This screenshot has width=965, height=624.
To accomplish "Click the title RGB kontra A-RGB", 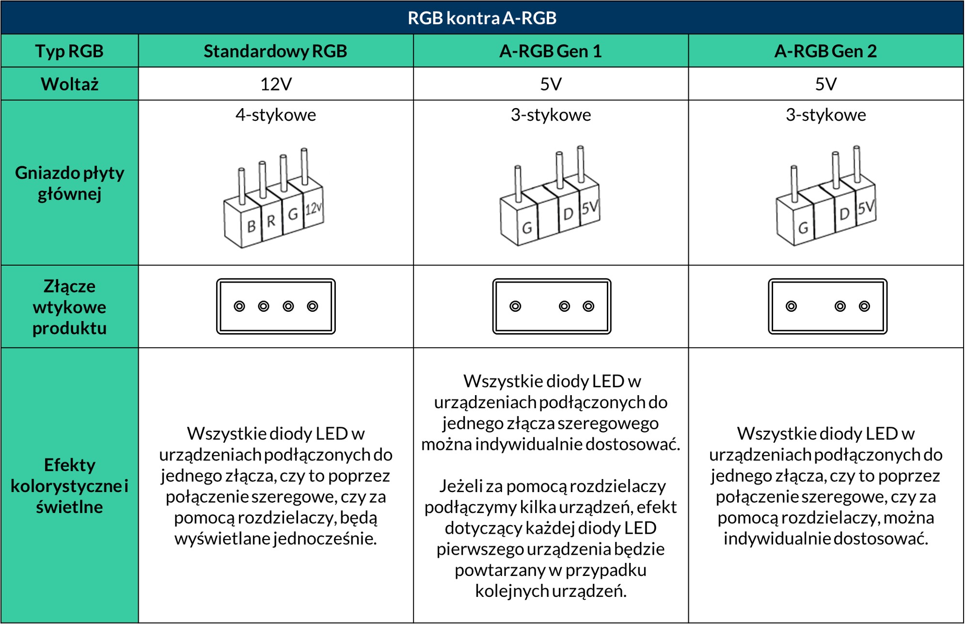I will [x=482, y=18].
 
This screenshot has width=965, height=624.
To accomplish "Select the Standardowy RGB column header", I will [x=275, y=51].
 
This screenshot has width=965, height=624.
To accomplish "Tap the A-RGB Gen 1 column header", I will [x=551, y=51].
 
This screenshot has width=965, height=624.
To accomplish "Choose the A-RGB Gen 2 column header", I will [x=825, y=51].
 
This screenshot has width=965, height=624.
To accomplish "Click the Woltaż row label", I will [x=69, y=84].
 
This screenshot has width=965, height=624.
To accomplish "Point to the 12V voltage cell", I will [x=275, y=84].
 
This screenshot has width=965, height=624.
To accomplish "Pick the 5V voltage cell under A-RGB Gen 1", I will [x=551, y=84].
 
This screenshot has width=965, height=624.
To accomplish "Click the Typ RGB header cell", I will [x=69, y=51].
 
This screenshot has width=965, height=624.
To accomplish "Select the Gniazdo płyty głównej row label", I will [x=69, y=183].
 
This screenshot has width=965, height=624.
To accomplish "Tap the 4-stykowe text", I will [x=275, y=115].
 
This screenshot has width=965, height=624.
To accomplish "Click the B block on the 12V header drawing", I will [x=251, y=226].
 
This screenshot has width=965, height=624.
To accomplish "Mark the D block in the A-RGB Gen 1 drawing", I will [x=568, y=213].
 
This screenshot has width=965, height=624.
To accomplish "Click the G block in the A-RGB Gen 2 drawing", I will [x=803, y=227].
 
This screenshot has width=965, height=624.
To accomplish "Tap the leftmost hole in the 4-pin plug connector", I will [x=239, y=306].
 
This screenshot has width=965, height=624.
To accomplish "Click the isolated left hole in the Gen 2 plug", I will [x=791, y=306].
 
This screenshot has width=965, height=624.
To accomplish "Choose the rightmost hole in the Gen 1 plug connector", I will [x=588, y=306].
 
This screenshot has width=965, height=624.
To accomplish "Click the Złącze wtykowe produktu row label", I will [x=69, y=307].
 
